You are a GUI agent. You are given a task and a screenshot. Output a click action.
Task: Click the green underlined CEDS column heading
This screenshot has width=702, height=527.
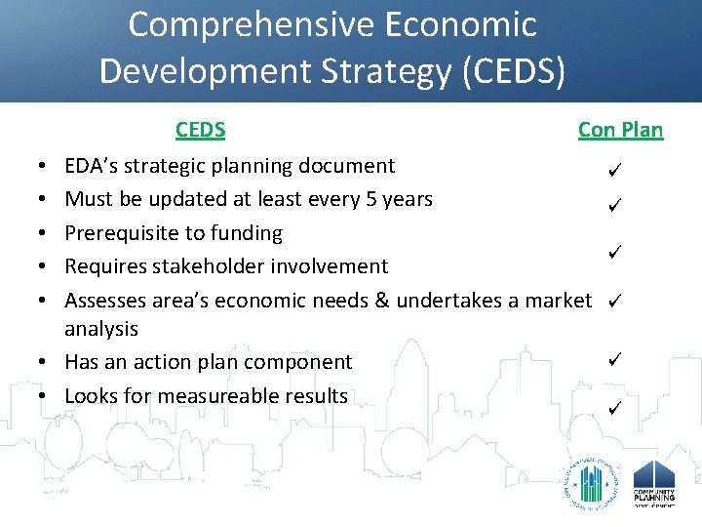coord(200,130)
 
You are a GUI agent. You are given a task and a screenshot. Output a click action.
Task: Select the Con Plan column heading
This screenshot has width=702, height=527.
coord(620,130)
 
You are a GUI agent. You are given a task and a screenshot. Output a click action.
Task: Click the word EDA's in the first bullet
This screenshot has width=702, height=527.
coord(91,166)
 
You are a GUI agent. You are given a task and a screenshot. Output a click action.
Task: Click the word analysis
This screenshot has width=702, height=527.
coord(101,329)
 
